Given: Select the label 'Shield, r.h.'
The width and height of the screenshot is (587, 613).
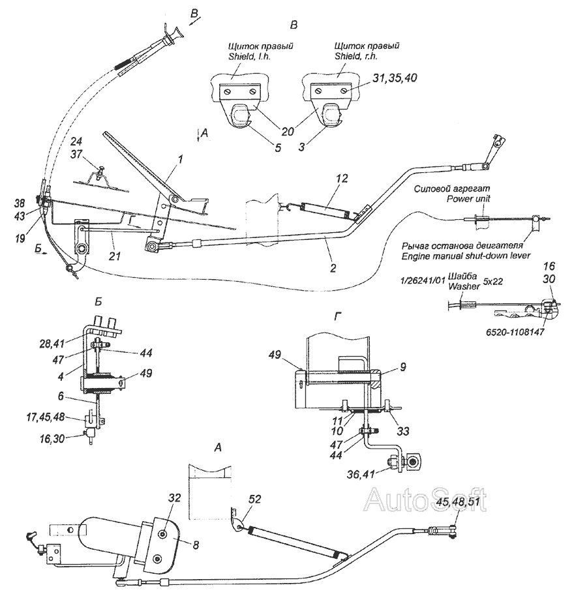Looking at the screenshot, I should coord(356,57).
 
